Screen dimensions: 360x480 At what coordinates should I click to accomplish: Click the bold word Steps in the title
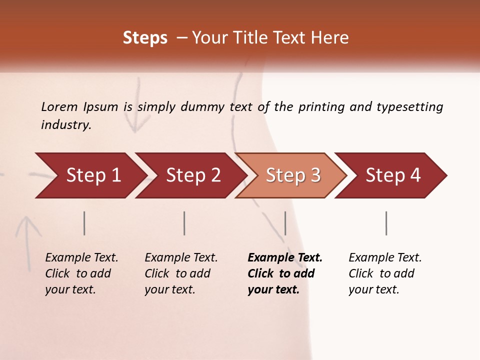click(145, 38)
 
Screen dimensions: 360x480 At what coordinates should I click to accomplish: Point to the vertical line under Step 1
click(84, 223)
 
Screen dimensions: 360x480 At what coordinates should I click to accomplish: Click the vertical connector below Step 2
click(184, 223)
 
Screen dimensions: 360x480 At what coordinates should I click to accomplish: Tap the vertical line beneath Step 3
click(285, 223)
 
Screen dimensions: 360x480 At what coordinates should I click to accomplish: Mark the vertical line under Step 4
click(386, 223)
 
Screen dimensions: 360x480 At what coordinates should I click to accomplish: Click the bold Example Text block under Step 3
click(284, 273)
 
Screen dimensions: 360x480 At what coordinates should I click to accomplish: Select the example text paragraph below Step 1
click(81, 273)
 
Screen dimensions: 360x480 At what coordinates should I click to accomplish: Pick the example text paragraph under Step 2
click(180, 273)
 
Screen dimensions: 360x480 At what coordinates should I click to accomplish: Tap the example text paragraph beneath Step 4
click(384, 273)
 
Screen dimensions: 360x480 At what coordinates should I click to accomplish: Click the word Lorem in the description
click(59, 107)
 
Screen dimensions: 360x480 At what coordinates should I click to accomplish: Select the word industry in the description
click(65, 125)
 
